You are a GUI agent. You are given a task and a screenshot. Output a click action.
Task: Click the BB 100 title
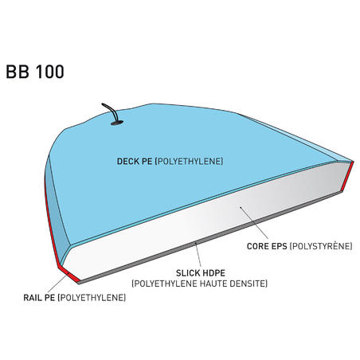coord(35,72)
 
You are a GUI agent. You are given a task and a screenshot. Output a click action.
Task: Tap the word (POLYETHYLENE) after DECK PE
coord(189,162)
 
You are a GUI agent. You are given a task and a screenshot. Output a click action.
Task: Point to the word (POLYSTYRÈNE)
coord(321,246)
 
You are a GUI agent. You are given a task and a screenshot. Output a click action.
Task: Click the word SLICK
coord(187,273)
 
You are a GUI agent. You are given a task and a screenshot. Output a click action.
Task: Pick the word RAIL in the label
coord(33,298)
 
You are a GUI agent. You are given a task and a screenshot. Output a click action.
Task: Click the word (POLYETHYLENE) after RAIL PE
coord(92,298)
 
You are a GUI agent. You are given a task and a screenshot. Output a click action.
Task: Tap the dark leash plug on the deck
coord(117,123)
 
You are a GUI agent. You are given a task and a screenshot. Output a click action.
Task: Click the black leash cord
coord(112,111)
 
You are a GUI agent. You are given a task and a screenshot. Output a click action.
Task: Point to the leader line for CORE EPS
coord(254,223)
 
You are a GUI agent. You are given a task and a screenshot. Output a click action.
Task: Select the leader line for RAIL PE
coord(57,283)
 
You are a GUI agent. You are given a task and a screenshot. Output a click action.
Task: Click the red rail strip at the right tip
coord(347,176)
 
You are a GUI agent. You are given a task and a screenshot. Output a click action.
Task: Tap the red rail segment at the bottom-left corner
coord(68,273)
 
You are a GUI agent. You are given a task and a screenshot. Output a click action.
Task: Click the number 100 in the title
coord(49,72)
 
